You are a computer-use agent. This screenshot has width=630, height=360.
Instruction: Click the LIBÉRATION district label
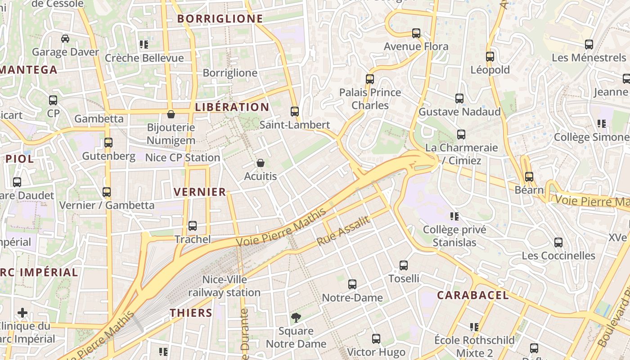tap(232, 107)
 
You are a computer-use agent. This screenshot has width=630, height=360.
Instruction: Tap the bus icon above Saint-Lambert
tap(295, 111)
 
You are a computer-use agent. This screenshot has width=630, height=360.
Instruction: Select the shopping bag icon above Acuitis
tap(261, 163)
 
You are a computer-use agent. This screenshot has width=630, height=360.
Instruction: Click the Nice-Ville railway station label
tap(224, 286)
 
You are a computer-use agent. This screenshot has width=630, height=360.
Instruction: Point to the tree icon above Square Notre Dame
tap(296, 318)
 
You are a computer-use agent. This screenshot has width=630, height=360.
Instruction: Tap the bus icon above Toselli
tap(404, 265)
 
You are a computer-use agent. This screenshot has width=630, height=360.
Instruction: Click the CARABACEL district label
tap(473, 295)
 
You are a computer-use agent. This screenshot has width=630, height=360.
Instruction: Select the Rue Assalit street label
tap(343, 231)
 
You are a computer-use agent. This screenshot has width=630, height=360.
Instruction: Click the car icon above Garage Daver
tap(65, 39)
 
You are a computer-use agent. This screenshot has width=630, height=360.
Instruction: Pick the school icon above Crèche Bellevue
tap(144, 45)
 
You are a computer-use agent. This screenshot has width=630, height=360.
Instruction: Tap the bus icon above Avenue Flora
tap(416, 33)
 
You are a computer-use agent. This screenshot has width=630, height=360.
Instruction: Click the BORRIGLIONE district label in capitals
tap(220, 18)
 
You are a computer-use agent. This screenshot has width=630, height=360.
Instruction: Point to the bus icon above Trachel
tap(193, 226)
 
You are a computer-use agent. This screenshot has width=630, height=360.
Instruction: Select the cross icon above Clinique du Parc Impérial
tap(22, 312)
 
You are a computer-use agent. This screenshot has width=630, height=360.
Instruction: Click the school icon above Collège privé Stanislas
tap(454, 216)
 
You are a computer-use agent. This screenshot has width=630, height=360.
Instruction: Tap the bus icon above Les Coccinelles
tap(558, 243)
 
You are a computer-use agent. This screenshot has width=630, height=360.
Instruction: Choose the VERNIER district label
tap(200, 192)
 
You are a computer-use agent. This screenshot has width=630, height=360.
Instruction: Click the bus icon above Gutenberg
tap(108, 143)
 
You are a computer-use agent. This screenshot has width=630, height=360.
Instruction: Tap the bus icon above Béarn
tap(529, 177)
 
